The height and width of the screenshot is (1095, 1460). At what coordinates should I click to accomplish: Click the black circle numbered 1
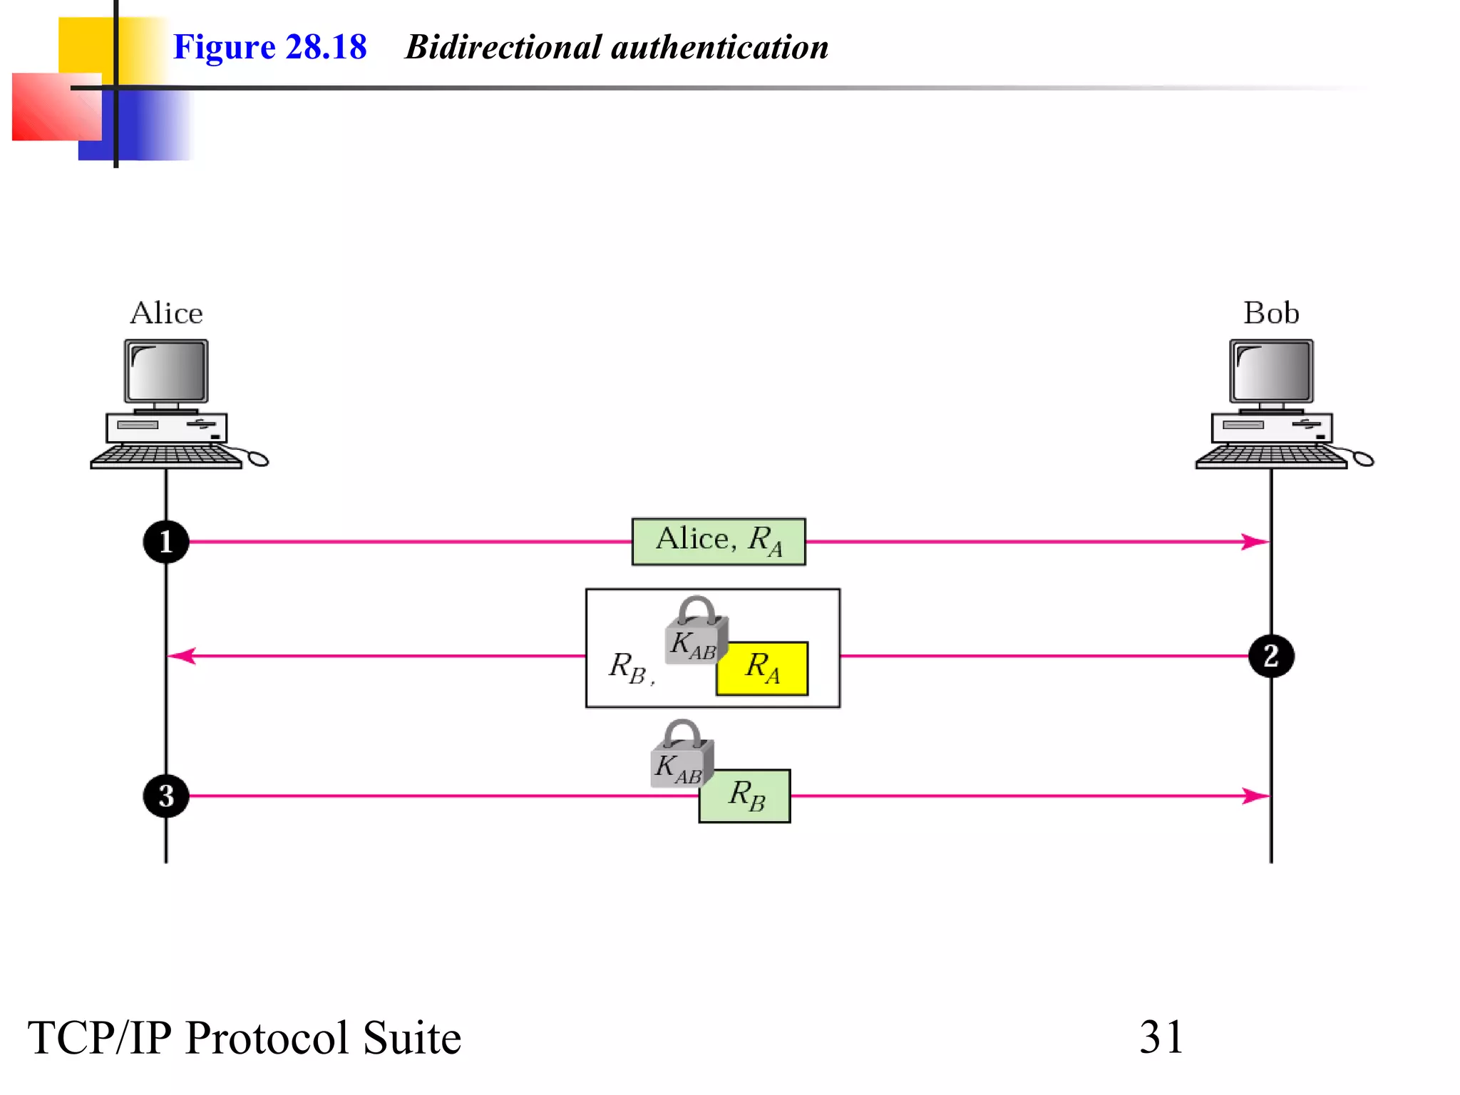point(166,542)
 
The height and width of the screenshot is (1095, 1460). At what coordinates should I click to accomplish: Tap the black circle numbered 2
point(1271,656)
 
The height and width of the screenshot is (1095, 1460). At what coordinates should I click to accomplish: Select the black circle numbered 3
point(166,796)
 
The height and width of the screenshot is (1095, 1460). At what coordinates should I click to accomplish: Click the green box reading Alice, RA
point(719,542)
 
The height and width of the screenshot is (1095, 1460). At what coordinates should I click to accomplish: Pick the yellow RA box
point(762,669)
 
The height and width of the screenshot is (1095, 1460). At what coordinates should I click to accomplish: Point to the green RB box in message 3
point(746,796)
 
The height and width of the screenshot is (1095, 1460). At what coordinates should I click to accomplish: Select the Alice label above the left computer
point(166,313)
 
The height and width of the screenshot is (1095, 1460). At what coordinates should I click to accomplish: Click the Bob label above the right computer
point(1271,313)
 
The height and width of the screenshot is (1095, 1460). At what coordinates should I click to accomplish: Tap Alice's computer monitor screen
point(167,371)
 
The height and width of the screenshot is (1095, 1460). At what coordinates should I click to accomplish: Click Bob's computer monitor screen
point(1272,371)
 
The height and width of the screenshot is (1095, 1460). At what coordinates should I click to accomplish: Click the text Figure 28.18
point(269,47)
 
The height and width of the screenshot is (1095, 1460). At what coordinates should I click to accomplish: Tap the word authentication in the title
point(719,47)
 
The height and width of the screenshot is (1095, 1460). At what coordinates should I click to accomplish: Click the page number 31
point(1161,1037)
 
